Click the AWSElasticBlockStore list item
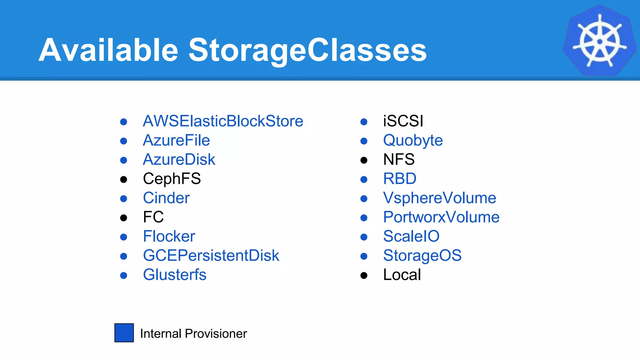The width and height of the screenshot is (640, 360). pos(223,121)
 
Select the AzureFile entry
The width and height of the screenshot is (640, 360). pos(176,140)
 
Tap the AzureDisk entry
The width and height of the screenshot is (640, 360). pos(179,160)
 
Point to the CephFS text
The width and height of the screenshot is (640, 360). pos(172,179)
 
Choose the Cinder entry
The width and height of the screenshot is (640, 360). pos(166,198)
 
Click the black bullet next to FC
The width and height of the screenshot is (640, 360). pos(124,218)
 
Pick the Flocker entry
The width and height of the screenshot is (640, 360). pos(169,236)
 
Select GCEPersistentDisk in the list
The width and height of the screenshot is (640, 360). pos(211,256)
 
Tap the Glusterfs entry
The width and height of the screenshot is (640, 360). pos(174,275)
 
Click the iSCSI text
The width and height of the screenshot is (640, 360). pos(403,121)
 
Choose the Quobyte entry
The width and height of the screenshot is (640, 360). pos(413,140)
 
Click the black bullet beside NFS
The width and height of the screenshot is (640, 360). pos(364,160)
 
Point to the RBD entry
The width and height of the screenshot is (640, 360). pos(400,179)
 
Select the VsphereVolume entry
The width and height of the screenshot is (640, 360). pos(439,198)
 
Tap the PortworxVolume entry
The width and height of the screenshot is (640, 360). pos(441,217)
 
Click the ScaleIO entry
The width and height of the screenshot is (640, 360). pos(411,236)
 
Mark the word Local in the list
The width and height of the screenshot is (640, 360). pos(402,275)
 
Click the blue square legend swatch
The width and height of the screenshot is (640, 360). pos(124,333)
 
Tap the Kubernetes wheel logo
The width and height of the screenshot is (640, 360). pos(599,41)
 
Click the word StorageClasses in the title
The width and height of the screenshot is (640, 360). pos(307,50)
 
